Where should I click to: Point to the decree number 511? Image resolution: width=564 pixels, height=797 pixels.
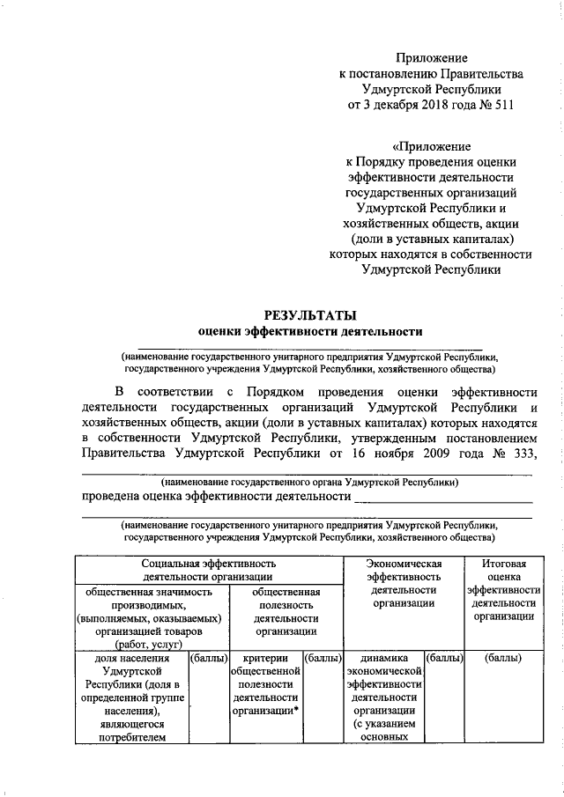(500, 105)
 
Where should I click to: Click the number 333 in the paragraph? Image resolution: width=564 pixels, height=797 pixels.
(518, 454)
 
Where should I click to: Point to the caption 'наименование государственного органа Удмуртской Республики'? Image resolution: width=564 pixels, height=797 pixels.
(308, 483)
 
